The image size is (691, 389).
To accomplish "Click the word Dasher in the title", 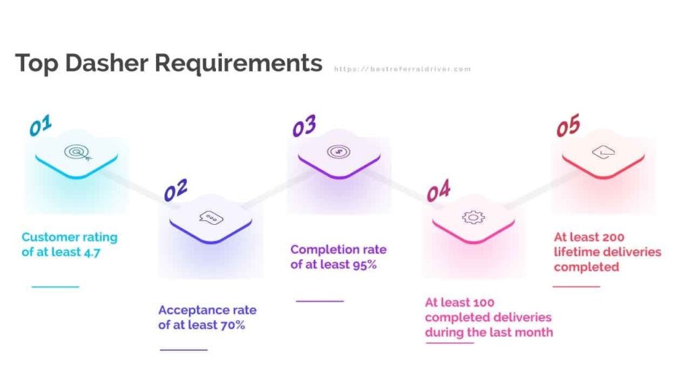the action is pos(107,63).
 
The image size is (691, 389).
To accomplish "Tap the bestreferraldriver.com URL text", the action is pos(402,70).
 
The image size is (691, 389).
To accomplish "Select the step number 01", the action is pos(40,126).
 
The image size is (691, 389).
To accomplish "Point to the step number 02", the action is pos(175,190).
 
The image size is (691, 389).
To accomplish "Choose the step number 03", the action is pos(304,126).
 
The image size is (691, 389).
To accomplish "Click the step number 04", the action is pos(439,190).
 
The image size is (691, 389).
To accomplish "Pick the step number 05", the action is pos(568,126).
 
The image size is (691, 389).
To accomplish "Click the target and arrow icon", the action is pos(78,153).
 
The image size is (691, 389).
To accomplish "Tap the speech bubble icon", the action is pos(211,218).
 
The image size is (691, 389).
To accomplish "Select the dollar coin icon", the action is pos(339,152).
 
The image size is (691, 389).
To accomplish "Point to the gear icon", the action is pos(473,217).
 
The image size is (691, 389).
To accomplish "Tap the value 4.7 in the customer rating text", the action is pos(92,253).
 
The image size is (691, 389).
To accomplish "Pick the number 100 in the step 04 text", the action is pos(485,303).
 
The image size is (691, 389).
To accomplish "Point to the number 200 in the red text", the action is pos(613,237).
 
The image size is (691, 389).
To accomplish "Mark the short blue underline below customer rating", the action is pos(55,286).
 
